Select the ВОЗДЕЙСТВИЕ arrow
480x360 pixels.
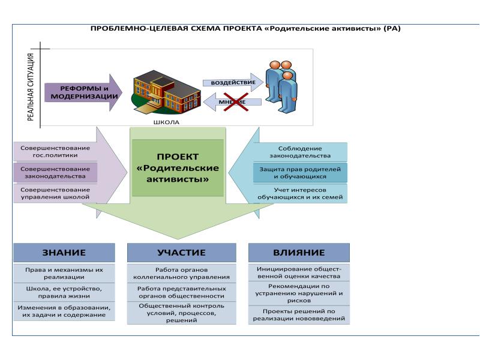[231, 82]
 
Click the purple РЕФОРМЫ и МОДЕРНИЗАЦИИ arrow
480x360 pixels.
[83, 92]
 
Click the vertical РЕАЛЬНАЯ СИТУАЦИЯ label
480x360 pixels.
[30, 87]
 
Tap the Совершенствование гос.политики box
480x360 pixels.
[55, 151]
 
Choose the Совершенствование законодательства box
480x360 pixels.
[55, 172]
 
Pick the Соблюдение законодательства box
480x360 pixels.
[300, 152]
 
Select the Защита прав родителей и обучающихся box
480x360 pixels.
[300, 173]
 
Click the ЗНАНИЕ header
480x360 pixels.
[64, 253]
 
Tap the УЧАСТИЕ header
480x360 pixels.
[181, 253]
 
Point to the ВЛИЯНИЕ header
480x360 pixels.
[299, 253]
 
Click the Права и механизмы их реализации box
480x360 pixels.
[64, 273]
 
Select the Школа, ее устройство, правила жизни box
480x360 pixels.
[64, 292]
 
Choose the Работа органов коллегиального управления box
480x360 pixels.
[181, 273]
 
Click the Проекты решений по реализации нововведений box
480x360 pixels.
[299, 315]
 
